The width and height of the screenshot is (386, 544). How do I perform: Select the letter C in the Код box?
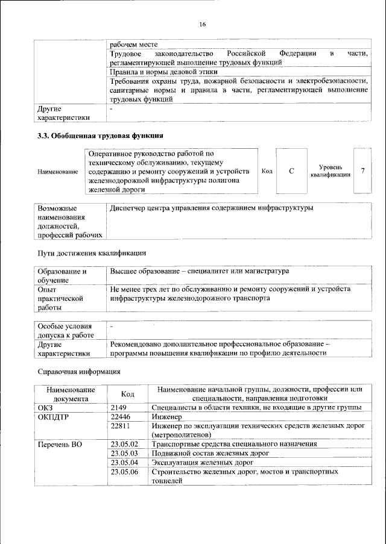point(291,171)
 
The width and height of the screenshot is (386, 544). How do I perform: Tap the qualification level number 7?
point(362,171)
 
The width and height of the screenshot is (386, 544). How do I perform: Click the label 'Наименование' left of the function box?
point(58,172)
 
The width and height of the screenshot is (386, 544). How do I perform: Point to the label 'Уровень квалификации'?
point(330,171)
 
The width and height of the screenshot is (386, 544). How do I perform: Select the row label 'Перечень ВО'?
point(60,444)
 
